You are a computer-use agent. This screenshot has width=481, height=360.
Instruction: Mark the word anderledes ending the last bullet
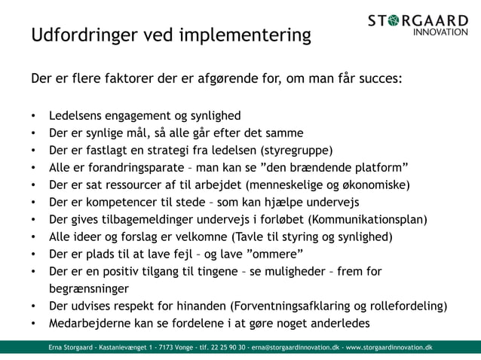point(338,324)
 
